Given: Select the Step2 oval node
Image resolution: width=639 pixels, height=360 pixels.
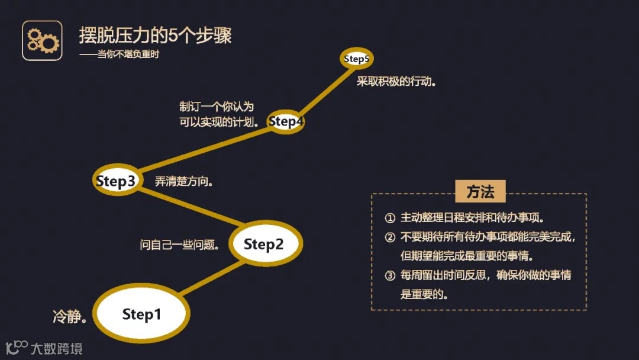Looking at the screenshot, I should point(264,244).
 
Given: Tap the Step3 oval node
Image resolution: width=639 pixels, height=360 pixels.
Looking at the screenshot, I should point(116,181).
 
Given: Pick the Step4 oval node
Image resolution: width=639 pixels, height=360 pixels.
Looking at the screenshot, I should point(286,121).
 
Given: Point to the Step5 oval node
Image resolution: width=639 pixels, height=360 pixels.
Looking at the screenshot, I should point(357,59).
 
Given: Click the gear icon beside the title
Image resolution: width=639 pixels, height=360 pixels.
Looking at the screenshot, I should point(42,40).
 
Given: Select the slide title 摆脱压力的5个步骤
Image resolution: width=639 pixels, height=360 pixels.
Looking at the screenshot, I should point(156,35).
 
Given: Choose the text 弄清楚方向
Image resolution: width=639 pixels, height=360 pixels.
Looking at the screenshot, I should point(184,182).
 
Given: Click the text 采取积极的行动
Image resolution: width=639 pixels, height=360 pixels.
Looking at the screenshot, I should point(396,81).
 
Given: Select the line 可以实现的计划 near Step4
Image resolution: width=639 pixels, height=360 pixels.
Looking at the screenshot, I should point(219,123).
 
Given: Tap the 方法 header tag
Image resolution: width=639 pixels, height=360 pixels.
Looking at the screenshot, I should point(480,192).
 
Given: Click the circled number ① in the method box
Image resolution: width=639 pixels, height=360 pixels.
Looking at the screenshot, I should point(389,218).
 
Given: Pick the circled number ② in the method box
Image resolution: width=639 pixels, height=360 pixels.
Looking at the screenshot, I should point(389,237).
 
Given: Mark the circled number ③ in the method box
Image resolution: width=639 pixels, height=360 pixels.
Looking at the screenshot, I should point(389,275).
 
